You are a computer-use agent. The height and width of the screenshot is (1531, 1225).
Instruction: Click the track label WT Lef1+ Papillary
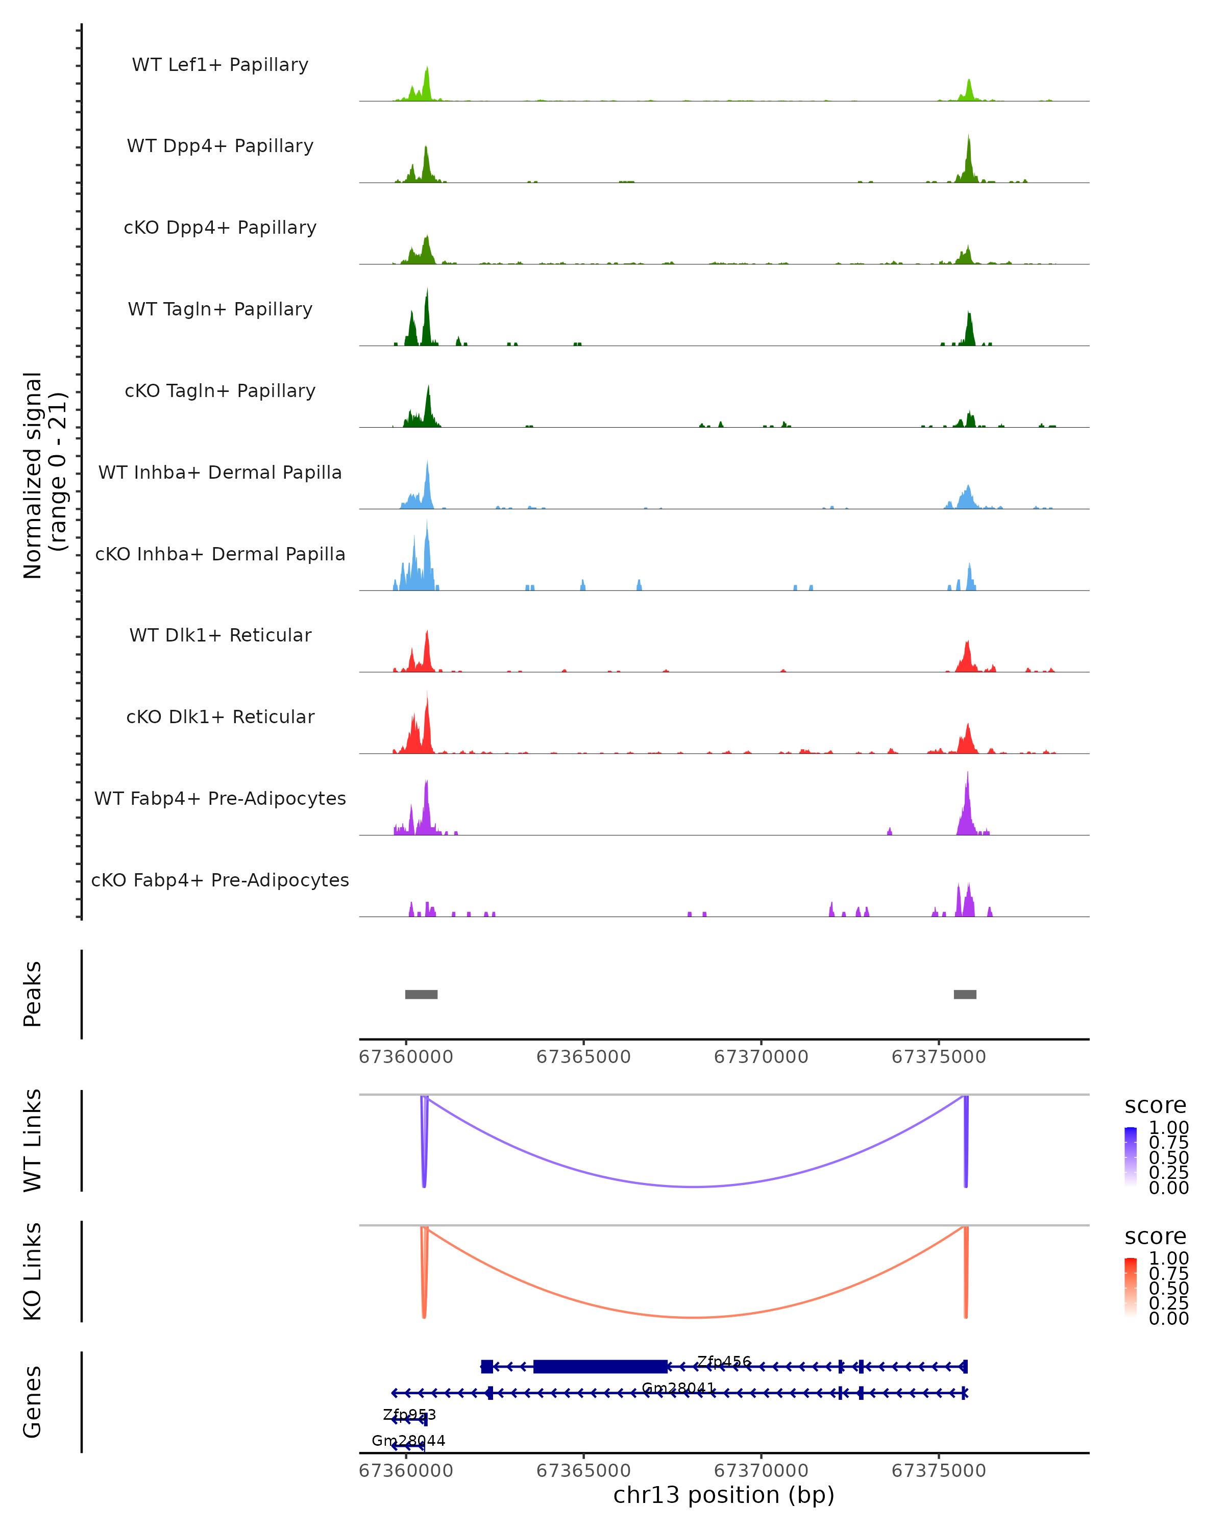click(x=220, y=65)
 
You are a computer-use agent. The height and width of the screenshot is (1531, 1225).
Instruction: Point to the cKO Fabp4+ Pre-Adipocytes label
click(x=220, y=880)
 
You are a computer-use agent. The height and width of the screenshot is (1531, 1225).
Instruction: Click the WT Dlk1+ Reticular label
click(x=220, y=635)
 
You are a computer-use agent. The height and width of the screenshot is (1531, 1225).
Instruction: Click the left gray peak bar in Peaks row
click(x=421, y=994)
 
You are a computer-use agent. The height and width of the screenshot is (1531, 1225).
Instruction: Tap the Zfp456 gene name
click(x=724, y=1361)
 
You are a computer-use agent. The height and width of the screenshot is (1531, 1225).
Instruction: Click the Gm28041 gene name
click(x=678, y=1388)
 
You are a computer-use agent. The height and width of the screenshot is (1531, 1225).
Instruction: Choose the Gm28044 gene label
click(x=408, y=1440)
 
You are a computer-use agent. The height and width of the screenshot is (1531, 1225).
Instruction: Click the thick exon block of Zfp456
click(x=600, y=1366)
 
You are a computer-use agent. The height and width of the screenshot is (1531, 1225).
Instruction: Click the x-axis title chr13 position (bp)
click(x=724, y=1495)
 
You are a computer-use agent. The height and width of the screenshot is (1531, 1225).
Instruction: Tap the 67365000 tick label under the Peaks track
click(x=583, y=1057)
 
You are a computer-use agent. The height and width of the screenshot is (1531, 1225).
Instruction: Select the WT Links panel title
click(x=33, y=1141)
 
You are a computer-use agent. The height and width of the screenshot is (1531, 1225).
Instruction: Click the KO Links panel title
click(x=33, y=1271)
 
